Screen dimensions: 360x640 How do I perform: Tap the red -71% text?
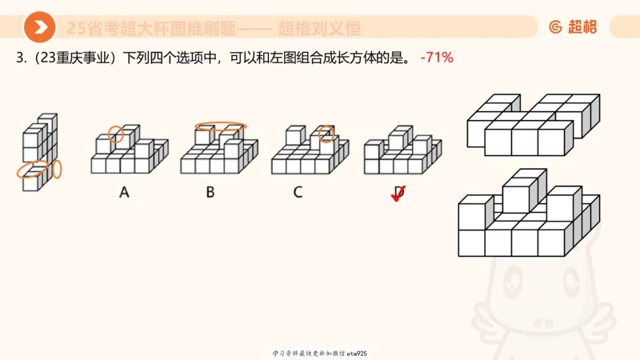(x=437, y=58)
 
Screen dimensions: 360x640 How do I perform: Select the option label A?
(x=124, y=191)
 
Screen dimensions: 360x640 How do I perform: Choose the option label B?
(x=210, y=191)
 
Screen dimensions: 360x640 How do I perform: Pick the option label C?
(x=298, y=191)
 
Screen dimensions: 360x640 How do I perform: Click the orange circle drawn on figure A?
(x=117, y=134)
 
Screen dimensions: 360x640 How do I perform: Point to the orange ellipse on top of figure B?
(x=220, y=126)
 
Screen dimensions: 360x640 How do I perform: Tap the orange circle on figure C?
(x=326, y=134)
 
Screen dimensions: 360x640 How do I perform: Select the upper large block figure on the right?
(x=532, y=124)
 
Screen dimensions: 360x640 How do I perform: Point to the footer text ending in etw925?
(x=319, y=353)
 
